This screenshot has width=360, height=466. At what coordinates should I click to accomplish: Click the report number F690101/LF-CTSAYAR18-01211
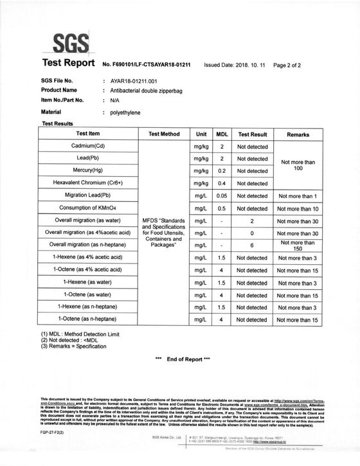point(147,65)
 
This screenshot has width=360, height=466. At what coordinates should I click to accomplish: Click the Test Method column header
point(164,134)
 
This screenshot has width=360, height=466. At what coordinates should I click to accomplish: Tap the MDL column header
point(221,134)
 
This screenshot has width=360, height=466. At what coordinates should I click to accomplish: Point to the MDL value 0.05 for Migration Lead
point(221,195)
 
